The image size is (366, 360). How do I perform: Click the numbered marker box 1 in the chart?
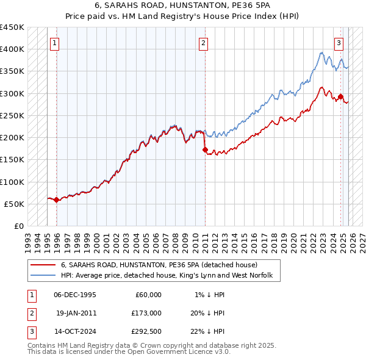[x=55, y=43]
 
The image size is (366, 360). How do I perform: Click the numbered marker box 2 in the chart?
[x=203, y=43]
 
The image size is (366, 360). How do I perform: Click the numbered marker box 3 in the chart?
[x=339, y=43]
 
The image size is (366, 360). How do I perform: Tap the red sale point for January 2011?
[x=205, y=149]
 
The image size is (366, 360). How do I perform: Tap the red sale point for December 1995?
[x=57, y=200]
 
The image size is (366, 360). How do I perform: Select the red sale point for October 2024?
[x=341, y=96]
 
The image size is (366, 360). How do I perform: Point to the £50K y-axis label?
[x=15, y=204]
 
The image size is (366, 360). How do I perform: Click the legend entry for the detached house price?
[x=159, y=265]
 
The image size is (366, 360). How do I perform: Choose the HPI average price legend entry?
[x=170, y=276]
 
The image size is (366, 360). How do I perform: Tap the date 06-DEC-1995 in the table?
[x=75, y=295]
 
